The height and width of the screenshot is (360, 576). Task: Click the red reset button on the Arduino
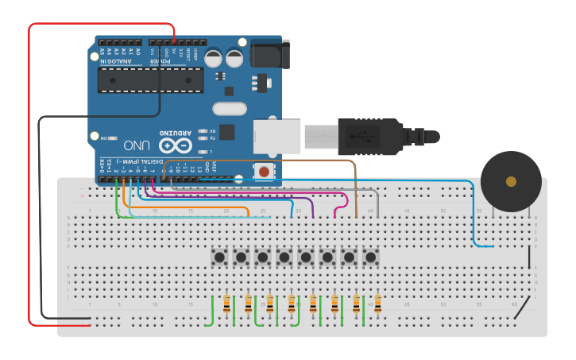tap(263, 171)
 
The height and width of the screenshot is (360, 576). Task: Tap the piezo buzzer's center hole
tap(511, 181)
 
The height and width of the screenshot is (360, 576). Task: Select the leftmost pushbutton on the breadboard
tap(219, 257)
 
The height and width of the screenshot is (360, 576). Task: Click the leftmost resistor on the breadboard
tap(228, 304)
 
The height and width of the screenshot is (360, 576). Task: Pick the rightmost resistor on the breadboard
tap(377, 304)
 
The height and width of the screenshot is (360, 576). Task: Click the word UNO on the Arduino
tap(135, 145)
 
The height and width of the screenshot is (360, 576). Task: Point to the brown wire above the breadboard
tap(270, 161)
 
